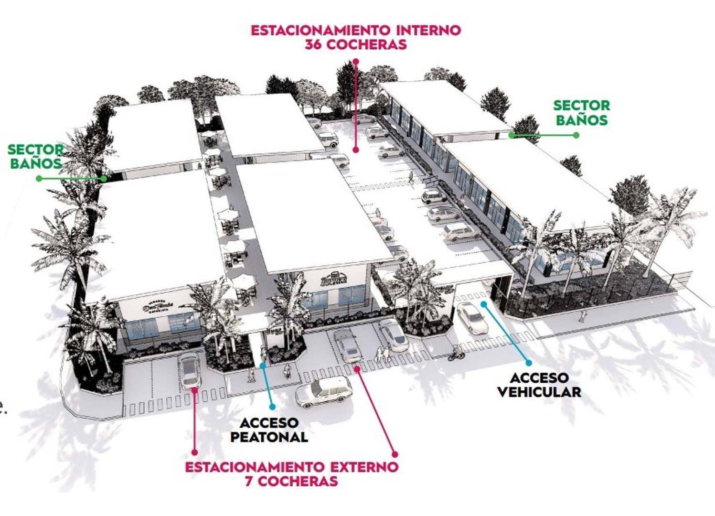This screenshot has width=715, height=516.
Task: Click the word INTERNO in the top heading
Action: pyautogui.click(x=428, y=30)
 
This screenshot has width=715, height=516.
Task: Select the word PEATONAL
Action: pyautogui.click(x=269, y=437)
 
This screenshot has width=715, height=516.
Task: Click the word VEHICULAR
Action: pyautogui.click(x=539, y=392)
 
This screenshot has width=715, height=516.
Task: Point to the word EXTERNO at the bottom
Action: pyautogui.click(x=365, y=466)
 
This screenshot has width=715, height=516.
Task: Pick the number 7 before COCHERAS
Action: pyautogui.click(x=249, y=481)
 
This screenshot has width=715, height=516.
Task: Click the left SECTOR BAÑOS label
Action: pyautogui.click(x=35, y=156)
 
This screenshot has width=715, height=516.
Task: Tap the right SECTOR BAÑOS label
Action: pyautogui.click(x=581, y=113)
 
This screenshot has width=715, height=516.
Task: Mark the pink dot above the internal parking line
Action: pyautogui.click(x=355, y=62)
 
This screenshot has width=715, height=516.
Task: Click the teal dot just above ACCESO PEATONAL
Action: pyautogui.click(x=272, y=407)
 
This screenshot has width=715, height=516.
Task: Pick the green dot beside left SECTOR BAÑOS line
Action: pyautogui.click(x=39, y=179)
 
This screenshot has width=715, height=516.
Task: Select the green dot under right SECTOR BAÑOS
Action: pyautogui.click(x=576, y=135)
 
